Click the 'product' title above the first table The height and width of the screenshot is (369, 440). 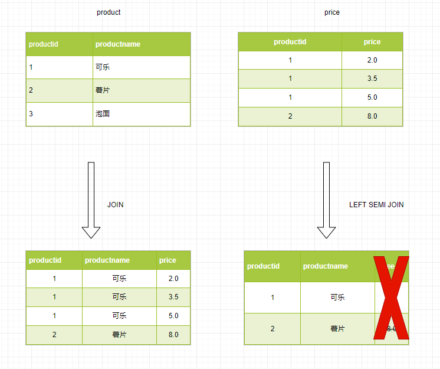pos(109,12)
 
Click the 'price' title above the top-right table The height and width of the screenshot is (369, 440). pos(332,12)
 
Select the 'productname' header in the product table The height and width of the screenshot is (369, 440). pos(118,44)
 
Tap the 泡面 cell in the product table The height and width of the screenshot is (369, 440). pos(103,114)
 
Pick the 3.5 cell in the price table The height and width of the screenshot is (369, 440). pos(372,79)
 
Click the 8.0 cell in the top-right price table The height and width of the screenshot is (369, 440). pos(372,116)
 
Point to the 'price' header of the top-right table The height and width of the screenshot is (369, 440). pos(372,42)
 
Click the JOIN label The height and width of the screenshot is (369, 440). pos(116,205)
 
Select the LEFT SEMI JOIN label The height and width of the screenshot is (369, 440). pos(376,205)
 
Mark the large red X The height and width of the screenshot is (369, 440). pos(392,298)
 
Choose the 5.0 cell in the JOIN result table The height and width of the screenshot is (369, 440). pos(173,316)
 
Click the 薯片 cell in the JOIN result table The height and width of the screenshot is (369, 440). pos(119,335)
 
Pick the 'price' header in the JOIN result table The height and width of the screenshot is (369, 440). pos(168,260)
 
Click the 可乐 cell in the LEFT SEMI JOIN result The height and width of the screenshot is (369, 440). pos(337,298)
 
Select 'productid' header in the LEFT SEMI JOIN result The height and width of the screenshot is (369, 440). pos(263,266)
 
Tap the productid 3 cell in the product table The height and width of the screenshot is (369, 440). pos(31,114)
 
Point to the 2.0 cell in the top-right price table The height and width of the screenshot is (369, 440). pos(372,60)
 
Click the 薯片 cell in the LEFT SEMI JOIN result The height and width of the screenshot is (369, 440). pos(337,329)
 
